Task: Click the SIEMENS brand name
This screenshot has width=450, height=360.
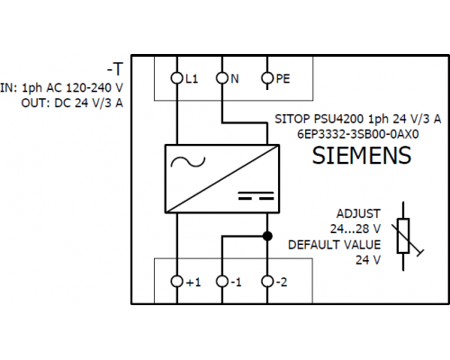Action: click(362, 155)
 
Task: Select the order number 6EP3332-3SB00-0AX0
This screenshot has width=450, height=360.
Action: click(357, 134)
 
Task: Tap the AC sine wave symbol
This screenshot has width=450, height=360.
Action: click(188, 162)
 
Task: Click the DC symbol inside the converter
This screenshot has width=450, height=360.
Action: click(256, 195)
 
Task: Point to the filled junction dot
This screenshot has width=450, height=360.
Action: click(267, 236)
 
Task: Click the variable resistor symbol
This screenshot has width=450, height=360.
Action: click(403, 237)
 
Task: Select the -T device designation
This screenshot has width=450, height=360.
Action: click(115, 69)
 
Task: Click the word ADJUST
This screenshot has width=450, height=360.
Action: click(358, 213)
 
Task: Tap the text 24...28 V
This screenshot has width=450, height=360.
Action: click(355, 229)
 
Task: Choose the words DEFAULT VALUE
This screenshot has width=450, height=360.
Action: click(334, 245)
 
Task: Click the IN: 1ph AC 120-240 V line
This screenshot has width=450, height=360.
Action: click(61, 88)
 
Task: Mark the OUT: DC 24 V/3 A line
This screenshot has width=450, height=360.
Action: click(72, 103)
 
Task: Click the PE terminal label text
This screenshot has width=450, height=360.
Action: click(283, 78)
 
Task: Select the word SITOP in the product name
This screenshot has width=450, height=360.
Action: click(292, 119)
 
